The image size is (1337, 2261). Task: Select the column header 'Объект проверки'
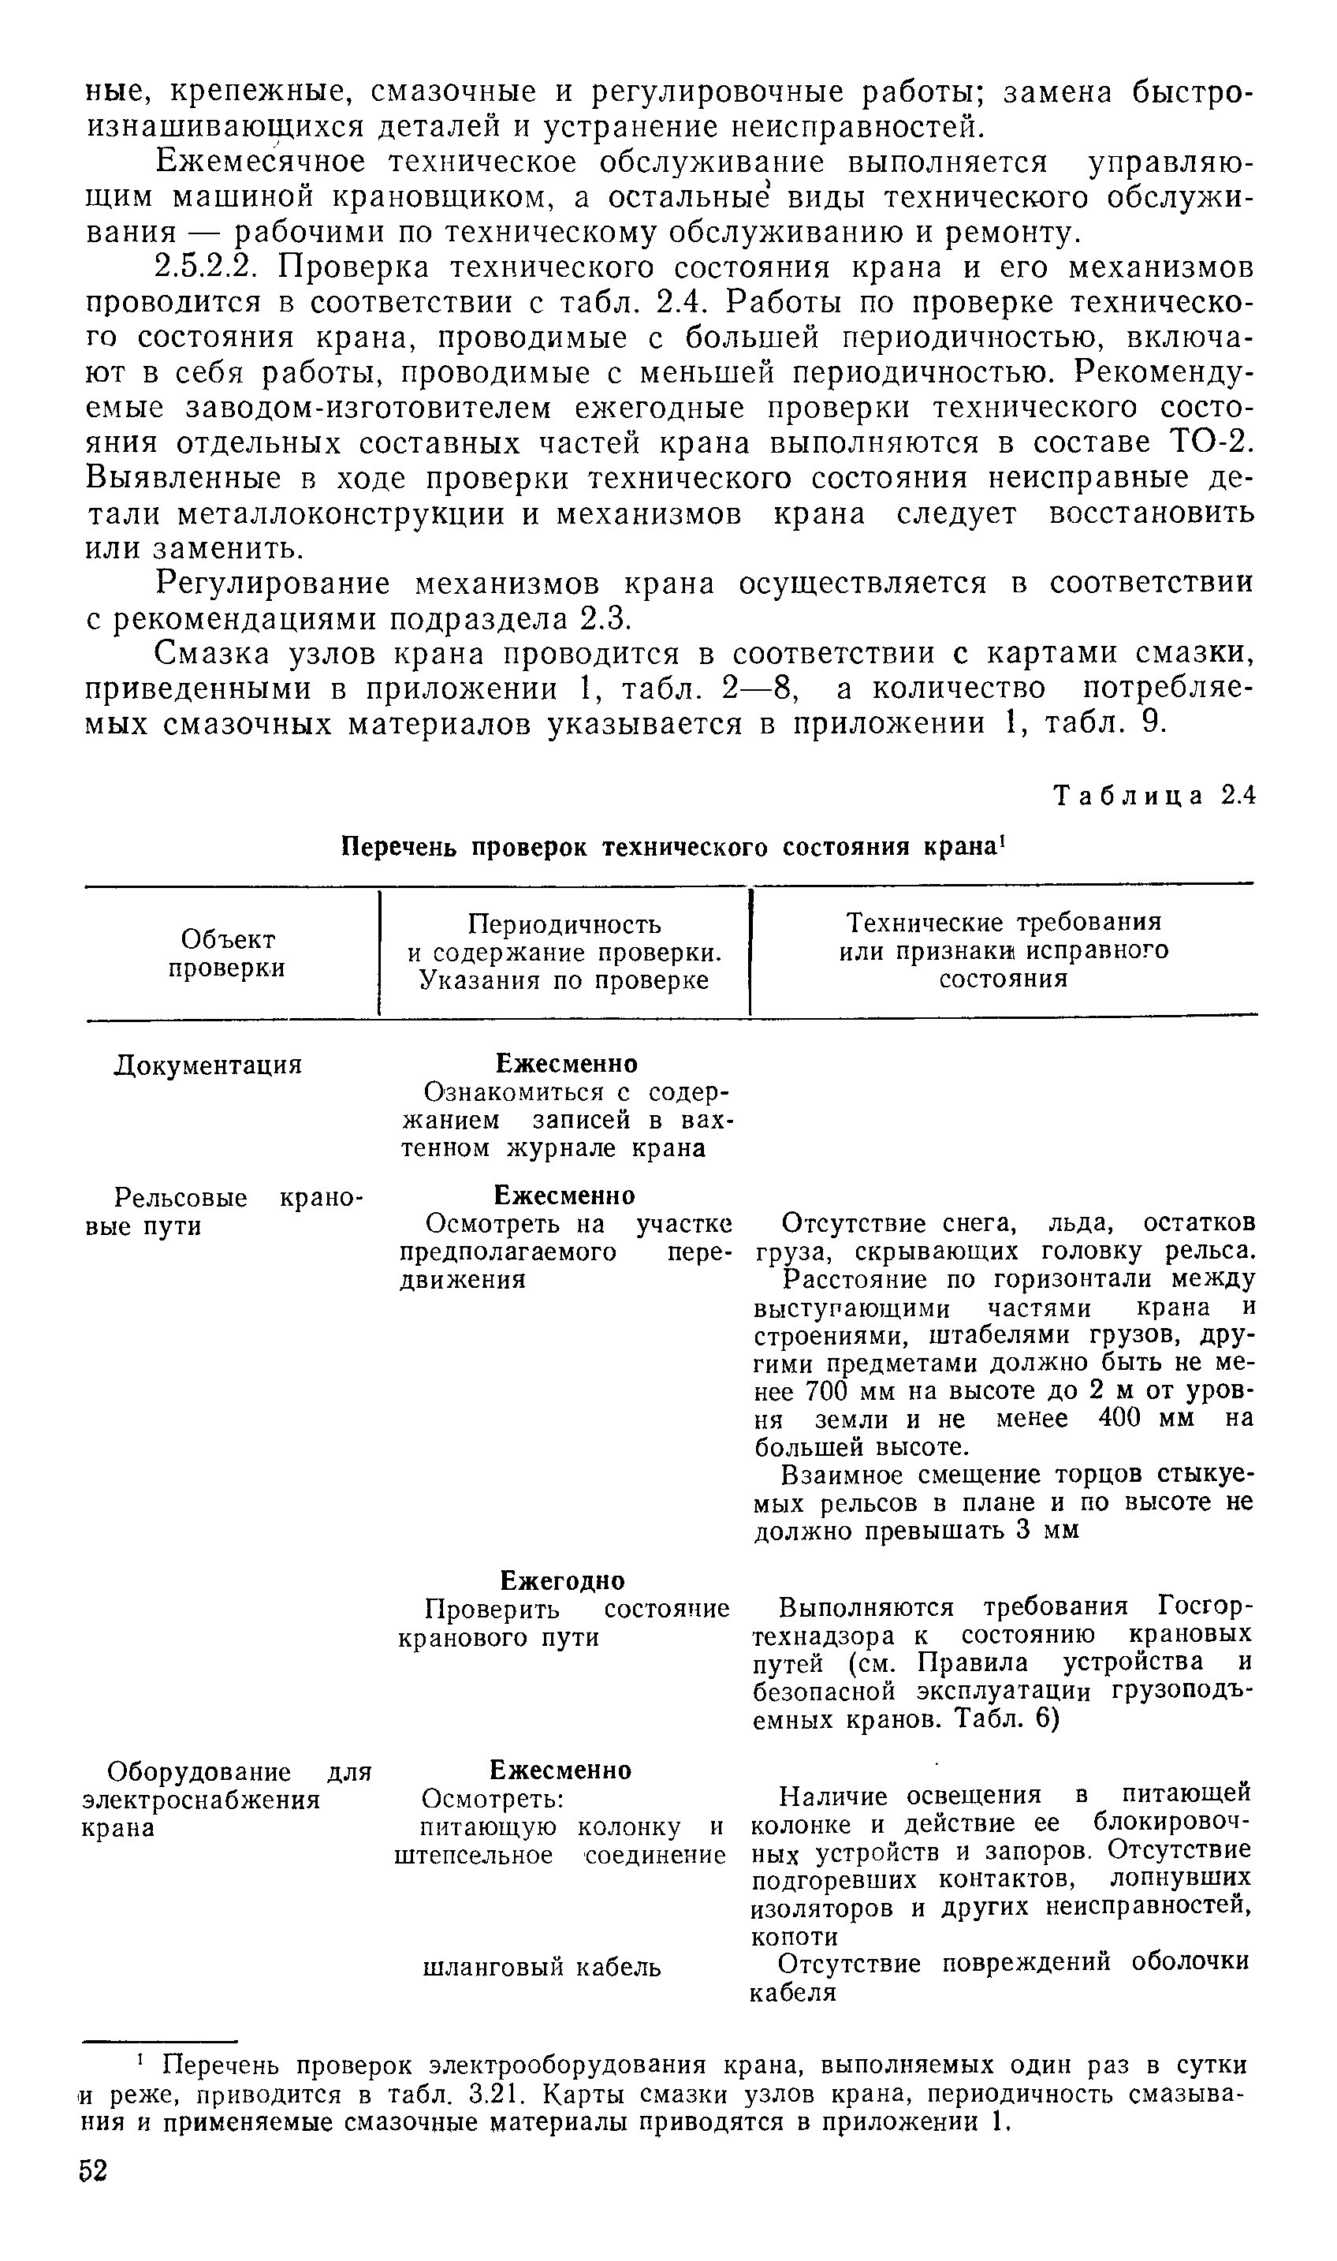pyautogui.click(x=228, y=953)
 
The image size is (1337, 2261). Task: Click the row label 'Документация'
pyautogui.click(x=208, y=1065)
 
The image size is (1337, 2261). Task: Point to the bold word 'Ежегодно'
pyautogui.click(x=562, y=1580)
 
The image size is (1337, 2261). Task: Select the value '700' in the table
pyautogui.click(x=826, y=1391)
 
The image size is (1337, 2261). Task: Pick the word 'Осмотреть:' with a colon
pyautogui.click(x=493, y=1799)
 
